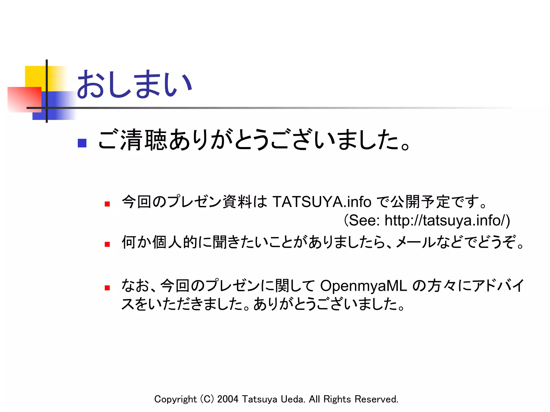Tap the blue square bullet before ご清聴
point(82,143)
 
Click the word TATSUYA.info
point(322,202)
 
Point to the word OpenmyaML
point(364,285)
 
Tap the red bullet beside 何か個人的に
point(107,244)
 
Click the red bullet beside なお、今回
point(107,288)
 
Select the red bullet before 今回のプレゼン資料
point(107,204)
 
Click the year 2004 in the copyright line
point(228,399)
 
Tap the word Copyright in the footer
point(175,399)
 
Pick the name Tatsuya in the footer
point(259,399)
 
